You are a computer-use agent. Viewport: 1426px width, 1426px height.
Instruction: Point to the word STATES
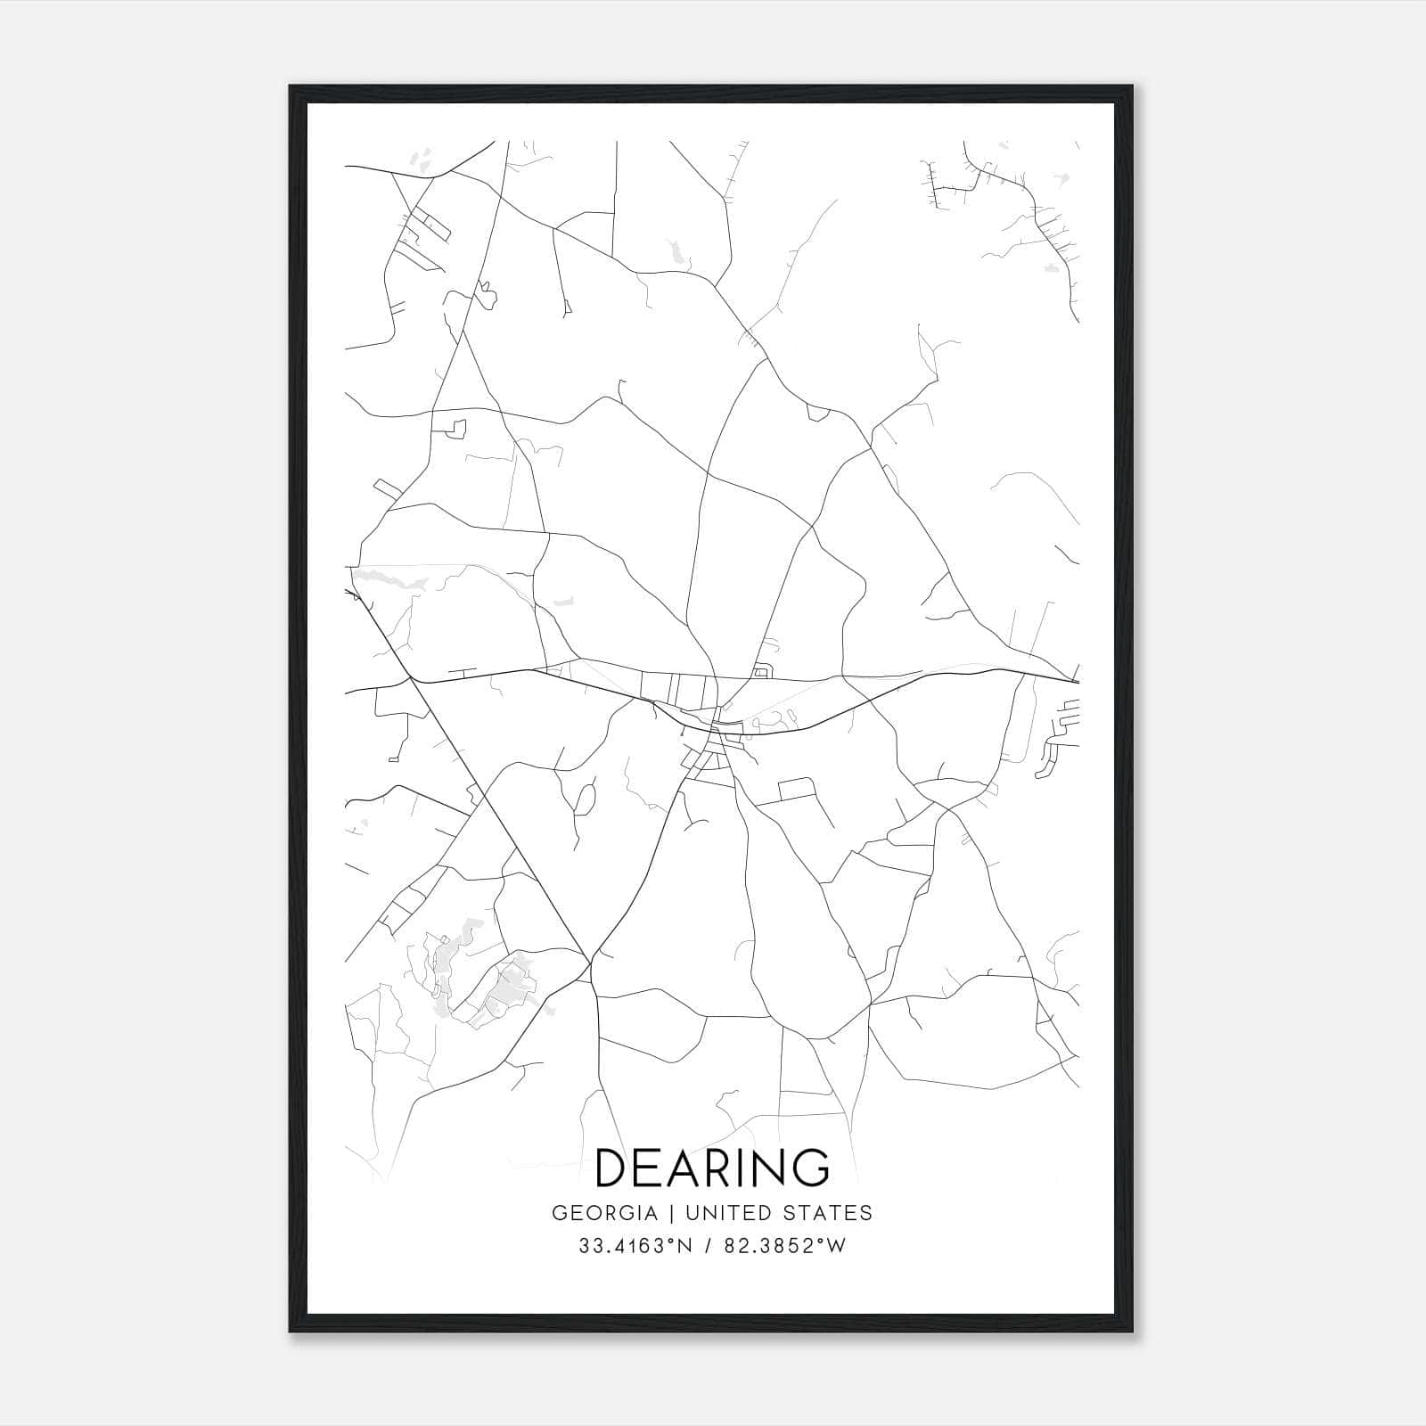828,1213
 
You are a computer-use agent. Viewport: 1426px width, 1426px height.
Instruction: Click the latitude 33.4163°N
635,1246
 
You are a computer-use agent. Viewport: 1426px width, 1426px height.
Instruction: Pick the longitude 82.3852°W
782,1246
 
